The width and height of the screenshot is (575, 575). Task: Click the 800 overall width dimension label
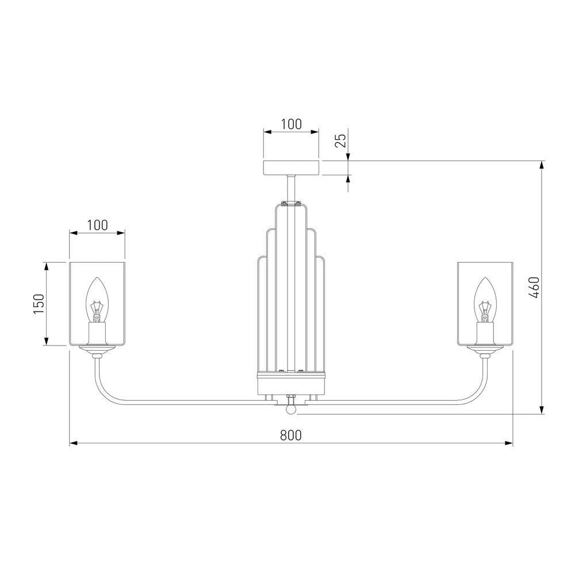tap(291, 435)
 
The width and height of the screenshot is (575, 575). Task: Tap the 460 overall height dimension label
tap(534, 287)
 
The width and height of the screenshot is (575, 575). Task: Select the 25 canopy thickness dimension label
tap(340, 140)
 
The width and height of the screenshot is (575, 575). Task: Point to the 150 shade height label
tap(39, 304)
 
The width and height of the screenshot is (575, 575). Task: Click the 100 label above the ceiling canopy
tap(292, 124)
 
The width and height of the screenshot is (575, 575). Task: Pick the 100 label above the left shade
tap(98, 225)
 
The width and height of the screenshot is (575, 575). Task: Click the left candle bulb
tap(97, 300)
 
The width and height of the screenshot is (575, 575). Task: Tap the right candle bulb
tap(485, 300)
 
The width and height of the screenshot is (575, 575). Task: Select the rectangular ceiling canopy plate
tap(292, 167)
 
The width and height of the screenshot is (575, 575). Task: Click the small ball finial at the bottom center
tap(291, 409)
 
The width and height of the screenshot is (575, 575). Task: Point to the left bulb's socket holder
tap(97, 333)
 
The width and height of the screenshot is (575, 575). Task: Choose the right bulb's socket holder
tap(485, 333)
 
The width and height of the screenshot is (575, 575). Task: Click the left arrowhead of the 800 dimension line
tap(74, 443)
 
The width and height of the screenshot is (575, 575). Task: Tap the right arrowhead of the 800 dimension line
tap(509, 443)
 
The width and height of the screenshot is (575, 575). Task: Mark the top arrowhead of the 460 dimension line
tap(542, 165)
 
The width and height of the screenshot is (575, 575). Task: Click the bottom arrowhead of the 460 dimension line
tap(542, 409)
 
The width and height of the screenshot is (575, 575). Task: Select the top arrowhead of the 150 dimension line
tap(46, 267)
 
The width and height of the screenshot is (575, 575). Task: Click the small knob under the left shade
tap(97, 356)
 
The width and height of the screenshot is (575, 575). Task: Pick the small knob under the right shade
tap(485, 356)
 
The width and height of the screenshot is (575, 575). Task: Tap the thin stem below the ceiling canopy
tap(291, 188)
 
